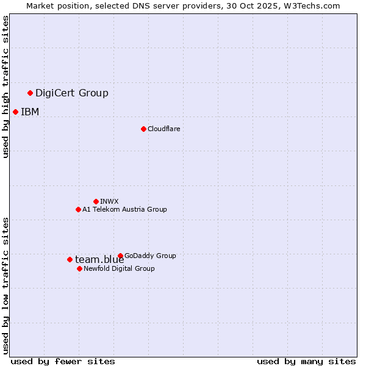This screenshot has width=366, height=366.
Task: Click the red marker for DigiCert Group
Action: (x=30, y=93)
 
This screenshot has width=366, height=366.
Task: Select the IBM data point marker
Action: (x=15, y=112)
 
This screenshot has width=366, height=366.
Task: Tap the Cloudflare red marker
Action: (x=143, y=129)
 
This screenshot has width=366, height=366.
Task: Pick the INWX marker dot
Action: (x=96, y=201)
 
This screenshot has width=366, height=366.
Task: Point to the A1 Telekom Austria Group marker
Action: (x=78, y=209)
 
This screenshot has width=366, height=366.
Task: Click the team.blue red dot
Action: (x=70, y=259)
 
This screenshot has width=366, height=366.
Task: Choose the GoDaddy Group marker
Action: (x=120, y=256)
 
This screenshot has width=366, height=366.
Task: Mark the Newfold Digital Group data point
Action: (x=79, y=268)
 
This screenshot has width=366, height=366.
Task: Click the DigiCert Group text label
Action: (x=72, y=93)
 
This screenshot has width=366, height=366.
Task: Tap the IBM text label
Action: (x=30, y=112)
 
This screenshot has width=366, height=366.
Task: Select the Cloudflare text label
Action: (x=163, y=129)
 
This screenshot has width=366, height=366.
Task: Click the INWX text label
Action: (x=109, y=201)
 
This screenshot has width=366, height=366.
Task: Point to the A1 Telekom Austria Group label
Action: (x=124, y=209)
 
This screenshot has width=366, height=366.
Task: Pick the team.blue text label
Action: (x=99, y=259)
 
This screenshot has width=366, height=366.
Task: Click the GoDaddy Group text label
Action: (x=150, y=256)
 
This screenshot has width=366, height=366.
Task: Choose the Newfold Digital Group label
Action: (x=119, y=268)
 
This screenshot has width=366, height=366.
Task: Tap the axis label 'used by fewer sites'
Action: (x=63, y=361)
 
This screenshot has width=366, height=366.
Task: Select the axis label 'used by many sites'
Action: (x=306, y=361)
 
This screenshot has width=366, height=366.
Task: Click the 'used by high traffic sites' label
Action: (x=5, y=87)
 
